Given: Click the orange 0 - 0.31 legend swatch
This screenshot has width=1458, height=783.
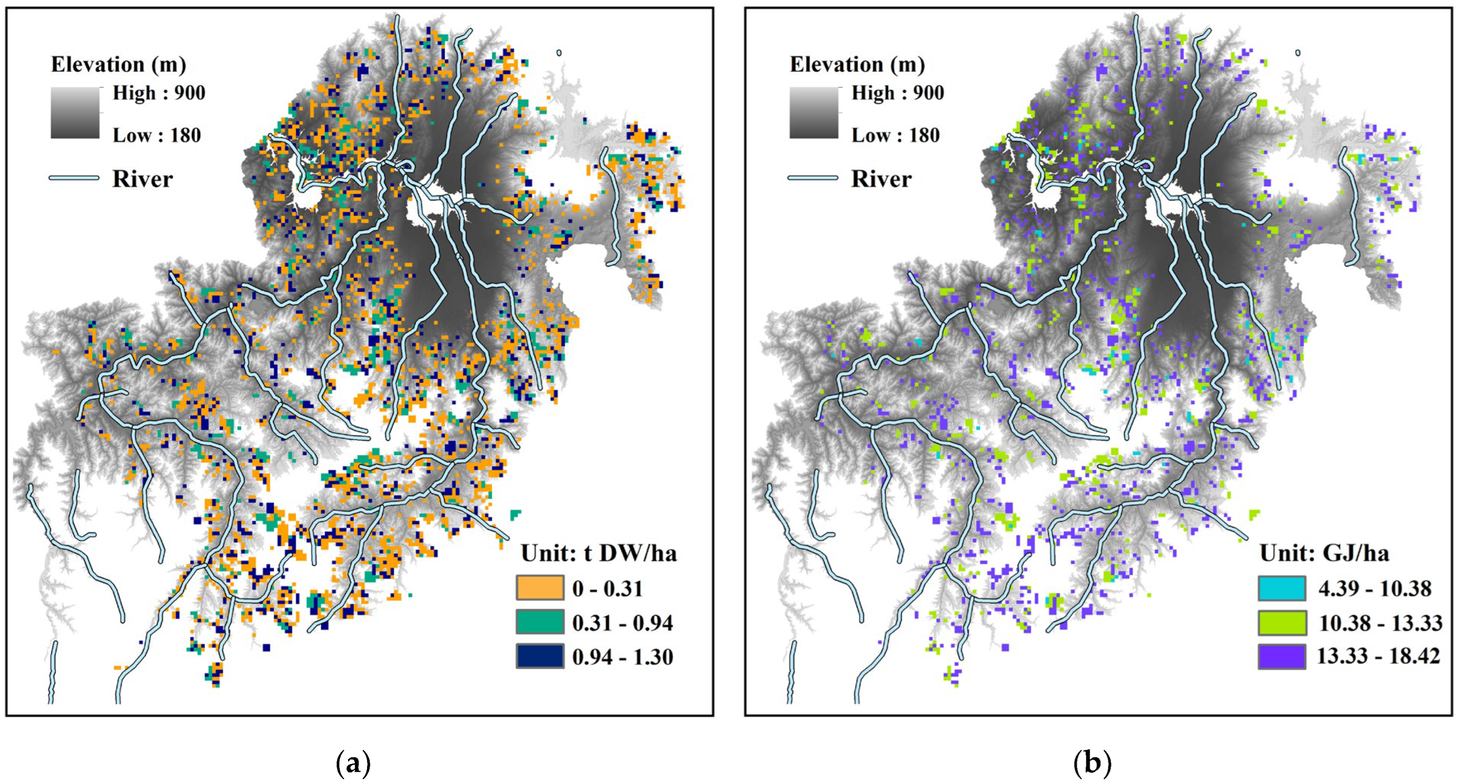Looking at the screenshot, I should coord(540,588).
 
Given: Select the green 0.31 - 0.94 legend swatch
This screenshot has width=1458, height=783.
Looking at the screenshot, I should coord(540,622).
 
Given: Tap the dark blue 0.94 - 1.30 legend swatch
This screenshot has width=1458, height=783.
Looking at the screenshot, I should coord(540,656).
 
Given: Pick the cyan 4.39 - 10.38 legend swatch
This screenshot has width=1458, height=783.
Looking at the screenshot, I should coord(1282,588).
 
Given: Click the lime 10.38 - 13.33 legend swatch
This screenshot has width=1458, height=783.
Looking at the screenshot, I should coord(1282,622).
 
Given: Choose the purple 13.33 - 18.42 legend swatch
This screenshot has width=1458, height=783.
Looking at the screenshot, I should coord(1282,657).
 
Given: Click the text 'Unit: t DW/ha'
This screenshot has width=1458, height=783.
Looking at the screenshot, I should coord(599,553).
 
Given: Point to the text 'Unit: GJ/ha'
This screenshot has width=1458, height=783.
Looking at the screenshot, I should coord(1325,553).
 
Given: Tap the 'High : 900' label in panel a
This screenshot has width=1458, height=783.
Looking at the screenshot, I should coord(159,93).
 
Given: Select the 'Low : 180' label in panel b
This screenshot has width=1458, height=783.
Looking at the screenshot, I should coord(896,135).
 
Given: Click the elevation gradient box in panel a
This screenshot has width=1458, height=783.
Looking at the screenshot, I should coord(75,112).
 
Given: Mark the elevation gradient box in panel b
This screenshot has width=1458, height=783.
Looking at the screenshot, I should coord(814,112).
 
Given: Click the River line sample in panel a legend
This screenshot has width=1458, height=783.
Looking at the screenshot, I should coord(74,178).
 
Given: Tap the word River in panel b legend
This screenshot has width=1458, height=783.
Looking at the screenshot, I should coord(881,179).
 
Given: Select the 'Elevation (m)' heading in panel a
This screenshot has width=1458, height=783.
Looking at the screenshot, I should coord(118,65).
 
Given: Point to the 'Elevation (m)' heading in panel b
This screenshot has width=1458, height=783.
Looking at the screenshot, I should coord(857,65).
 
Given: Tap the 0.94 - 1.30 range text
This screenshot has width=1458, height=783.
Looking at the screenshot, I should coord(623,657).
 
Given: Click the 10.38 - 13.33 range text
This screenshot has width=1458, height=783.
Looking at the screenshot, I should coord(1381,623).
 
